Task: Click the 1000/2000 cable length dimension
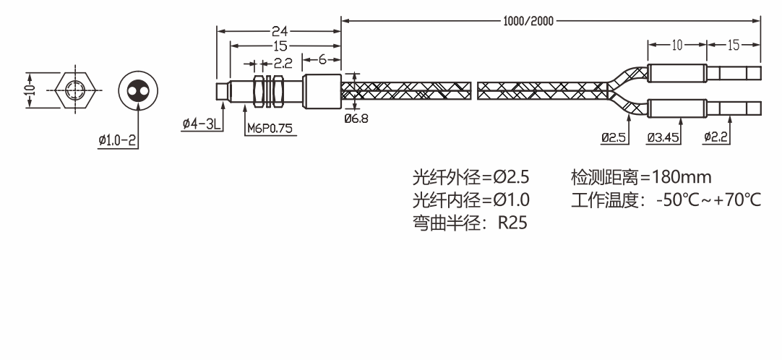coord(528,20)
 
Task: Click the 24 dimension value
coord(280,31)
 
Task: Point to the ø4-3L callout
coord(202,124)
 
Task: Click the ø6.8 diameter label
coord(356,119)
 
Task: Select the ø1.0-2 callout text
coord(118,140)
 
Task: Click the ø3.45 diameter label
coord(663,137)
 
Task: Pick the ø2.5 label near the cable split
coord(614,137)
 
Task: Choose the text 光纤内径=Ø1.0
coord(471,200)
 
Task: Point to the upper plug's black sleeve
coord(676,73)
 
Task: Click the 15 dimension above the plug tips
coord(734,45)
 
